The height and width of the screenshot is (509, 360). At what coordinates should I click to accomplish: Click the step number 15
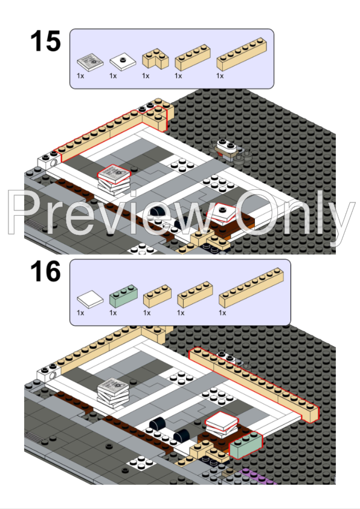pyautogui.click(x=45, y=42)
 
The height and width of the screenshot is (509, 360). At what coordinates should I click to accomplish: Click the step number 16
pyautogui.click(x=45, y=272)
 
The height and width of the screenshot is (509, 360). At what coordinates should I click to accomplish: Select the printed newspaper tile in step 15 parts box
pyautogui.click(x=89, y=61)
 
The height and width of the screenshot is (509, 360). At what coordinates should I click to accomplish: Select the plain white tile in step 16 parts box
pyautogui.click(x=89, y=298)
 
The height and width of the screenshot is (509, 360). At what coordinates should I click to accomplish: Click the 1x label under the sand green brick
pyautogui.click(x=113, y=313)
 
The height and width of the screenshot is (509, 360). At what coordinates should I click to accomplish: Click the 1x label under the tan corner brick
pyautogui.click(x=146, y=76)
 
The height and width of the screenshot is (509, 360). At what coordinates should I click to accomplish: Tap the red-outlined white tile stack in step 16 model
pyautogui.click(x=221, y=422)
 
